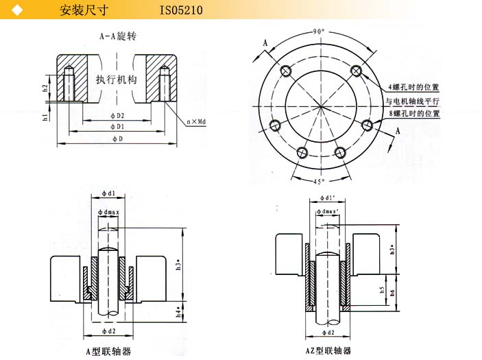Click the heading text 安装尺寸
(82, 10)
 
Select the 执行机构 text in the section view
(116, 80)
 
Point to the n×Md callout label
(197, 121)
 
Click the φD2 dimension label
(117, 116)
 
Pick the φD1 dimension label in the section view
(117, 127)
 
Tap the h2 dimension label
(45, 88)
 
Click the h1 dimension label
(45, 117)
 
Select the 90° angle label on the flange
(318, 32)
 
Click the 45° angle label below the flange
(318, 182)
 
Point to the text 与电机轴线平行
(412, 100)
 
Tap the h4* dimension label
(178, 311)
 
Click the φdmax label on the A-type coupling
(108, 213)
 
